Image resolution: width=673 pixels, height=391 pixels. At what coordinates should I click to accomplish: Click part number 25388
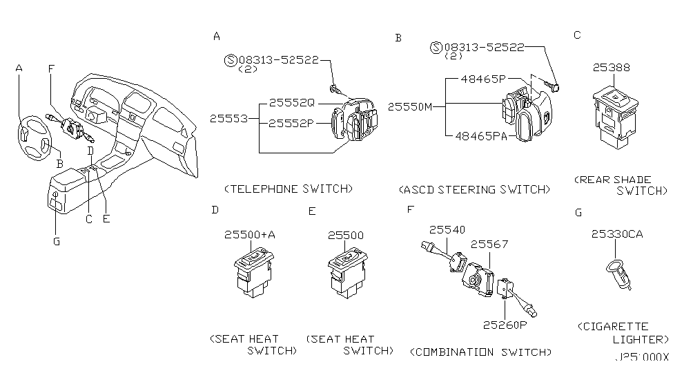[611, 68]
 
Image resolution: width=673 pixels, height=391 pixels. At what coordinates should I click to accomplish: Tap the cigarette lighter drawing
[618, 274]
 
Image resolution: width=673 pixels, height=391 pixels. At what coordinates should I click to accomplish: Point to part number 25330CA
[617, 233]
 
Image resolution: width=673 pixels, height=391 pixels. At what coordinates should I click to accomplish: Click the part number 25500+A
[250, 235]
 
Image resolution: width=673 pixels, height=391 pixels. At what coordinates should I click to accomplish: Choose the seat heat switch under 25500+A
[253, 272]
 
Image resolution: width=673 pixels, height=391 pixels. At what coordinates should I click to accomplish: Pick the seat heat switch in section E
[347, 273]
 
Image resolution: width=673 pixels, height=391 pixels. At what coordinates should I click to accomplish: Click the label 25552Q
[292, 103]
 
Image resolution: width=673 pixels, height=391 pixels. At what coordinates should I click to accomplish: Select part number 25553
[228, 118]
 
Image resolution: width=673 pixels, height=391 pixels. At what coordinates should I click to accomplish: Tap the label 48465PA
[481, 136]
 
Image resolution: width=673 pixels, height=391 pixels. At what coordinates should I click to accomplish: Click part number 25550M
[410, 106]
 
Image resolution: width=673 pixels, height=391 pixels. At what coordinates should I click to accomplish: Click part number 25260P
[505, 325]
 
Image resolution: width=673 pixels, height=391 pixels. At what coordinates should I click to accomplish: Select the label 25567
[489, 244]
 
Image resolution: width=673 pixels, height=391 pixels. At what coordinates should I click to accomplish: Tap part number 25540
[447, 230]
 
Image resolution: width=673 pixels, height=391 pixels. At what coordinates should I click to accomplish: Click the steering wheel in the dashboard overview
[35, 138]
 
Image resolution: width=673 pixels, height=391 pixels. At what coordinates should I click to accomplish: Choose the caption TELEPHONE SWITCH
[289, 189]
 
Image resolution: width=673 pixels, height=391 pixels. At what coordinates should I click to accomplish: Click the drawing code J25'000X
[642, 356]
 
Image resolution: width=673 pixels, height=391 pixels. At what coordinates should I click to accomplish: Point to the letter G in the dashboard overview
[57, 242]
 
